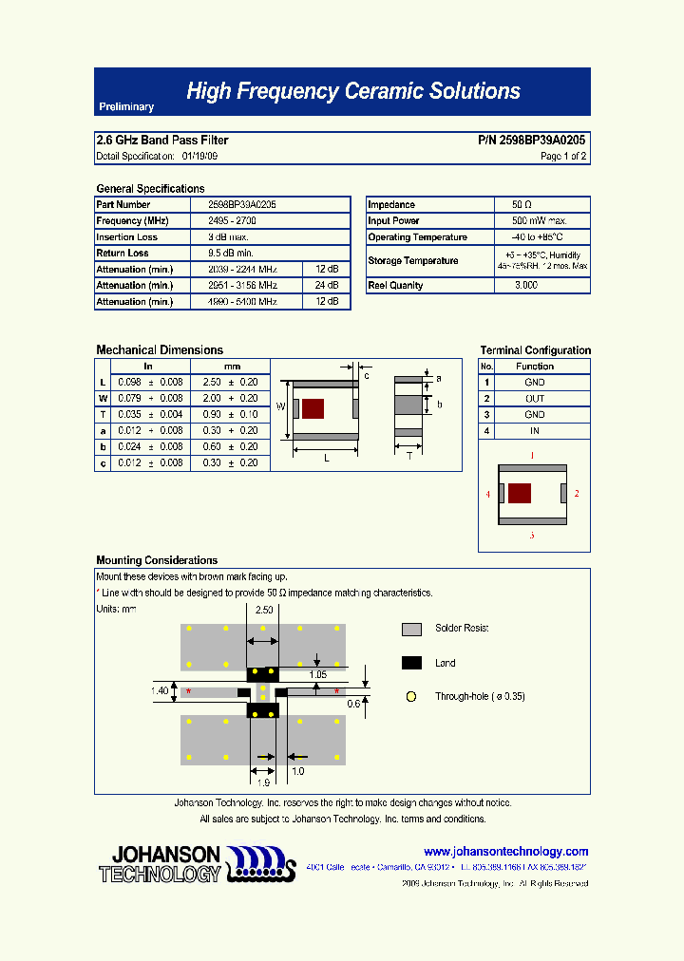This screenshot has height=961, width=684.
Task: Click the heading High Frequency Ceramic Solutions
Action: tap(353, 91)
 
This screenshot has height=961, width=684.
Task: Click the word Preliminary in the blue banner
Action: tap(126, 107)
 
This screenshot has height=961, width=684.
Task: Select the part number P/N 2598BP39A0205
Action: tap(531, 140)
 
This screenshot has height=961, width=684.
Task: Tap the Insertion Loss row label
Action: tap(127, 237)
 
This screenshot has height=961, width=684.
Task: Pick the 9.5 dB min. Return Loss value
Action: tap(230, 254)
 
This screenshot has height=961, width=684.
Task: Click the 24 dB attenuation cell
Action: tap(327, 286)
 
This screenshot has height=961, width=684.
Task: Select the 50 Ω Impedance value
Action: tap(522, 205)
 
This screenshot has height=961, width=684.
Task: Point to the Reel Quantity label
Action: tap(396, 286)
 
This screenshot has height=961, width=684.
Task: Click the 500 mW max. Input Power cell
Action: tap(533, 221)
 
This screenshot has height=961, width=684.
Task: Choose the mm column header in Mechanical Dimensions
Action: tap(231, 366)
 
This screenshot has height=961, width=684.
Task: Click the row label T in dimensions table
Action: tap(103, 414)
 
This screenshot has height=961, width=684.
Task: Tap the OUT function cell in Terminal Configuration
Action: tap(535, 399)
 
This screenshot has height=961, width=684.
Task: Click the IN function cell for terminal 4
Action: tap(535, 431)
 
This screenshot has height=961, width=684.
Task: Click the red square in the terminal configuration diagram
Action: tap(520, 493)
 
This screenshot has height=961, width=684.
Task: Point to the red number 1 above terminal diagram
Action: tap(532, 457)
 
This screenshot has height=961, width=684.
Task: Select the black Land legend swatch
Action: tap(411, 663)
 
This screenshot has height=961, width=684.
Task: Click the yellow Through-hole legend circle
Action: tap(411, 696)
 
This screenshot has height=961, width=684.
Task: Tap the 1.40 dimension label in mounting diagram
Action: tap(159, 691)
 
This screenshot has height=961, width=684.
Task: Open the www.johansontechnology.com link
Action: tap(505, 852)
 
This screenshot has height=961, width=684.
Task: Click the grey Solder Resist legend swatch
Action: tap(411, 629)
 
